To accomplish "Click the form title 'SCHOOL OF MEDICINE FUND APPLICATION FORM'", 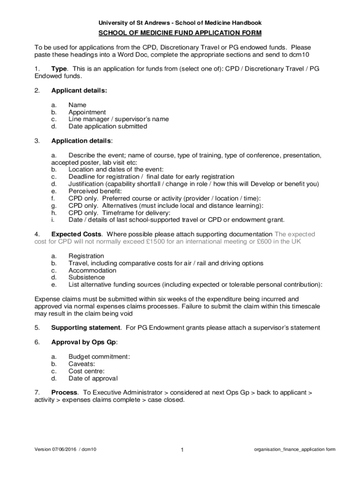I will coord(180,33).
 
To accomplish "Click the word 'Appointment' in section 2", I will coord(87,112).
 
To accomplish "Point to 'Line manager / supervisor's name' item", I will coord(119,119).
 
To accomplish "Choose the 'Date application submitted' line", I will coord(108,126).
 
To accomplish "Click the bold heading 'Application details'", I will coord(81,141).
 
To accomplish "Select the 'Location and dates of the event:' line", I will coord(115,169).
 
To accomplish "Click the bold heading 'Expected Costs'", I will coord(76,234).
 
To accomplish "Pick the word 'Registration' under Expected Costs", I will coord(86,256).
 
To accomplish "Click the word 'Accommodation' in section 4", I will coord(93,270).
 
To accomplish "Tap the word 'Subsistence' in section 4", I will coord(86,277).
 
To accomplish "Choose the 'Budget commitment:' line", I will coord(99,356).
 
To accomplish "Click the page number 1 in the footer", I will coord(182,450).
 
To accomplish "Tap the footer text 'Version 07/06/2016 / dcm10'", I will coord(65,450).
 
